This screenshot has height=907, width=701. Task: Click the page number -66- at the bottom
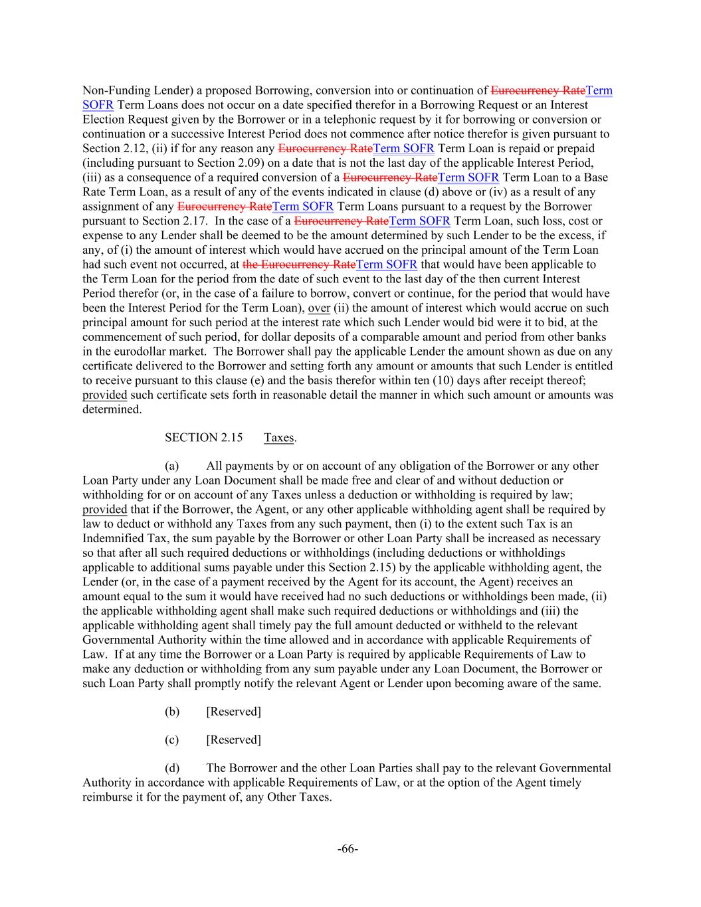(x=348, y=849)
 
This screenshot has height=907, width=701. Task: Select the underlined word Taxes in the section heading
(x=278, y=437)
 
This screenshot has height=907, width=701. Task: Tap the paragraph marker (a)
(x=172, y=466)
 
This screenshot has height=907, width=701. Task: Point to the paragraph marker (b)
(x=172, y=712)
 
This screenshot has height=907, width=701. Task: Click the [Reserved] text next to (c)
(x=233, y=740)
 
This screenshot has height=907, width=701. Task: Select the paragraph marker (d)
(x=172, y=768)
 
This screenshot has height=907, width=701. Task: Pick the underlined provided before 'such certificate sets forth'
(x=104, y=395)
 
